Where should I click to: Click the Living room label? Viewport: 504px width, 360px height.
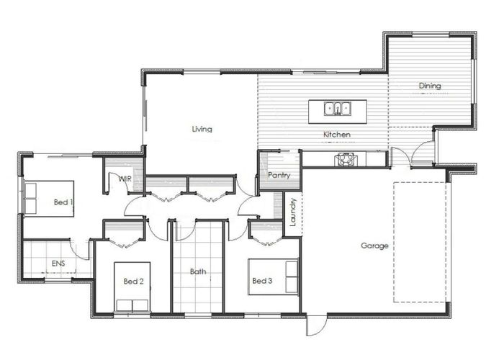[202, 129]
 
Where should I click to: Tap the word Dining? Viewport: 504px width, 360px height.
[430, 86]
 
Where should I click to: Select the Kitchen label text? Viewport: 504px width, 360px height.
[336, 135]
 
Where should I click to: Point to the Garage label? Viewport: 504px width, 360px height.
[374, 246]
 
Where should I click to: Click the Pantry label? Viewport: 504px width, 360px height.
[279, 175]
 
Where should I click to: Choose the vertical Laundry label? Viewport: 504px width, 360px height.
[293, 212]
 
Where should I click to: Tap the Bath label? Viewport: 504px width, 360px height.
[198, 271]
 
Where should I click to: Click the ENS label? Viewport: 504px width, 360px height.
[58, 264]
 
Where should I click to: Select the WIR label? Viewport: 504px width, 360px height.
[125, 179]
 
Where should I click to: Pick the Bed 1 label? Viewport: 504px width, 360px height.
[63, 202]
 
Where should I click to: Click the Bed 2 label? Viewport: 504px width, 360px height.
[133, 282]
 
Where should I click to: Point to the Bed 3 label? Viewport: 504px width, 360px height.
[262, 281]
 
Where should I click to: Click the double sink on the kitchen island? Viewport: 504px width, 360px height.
[337, 108]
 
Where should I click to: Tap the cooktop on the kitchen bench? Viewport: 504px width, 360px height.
[346, 159]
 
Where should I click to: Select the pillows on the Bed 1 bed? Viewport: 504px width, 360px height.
[31, 198]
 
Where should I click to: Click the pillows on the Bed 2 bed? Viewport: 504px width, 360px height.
[132, 305]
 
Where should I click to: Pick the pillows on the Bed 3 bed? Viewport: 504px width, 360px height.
[292, 276]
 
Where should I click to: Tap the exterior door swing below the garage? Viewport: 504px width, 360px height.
[317, 325]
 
